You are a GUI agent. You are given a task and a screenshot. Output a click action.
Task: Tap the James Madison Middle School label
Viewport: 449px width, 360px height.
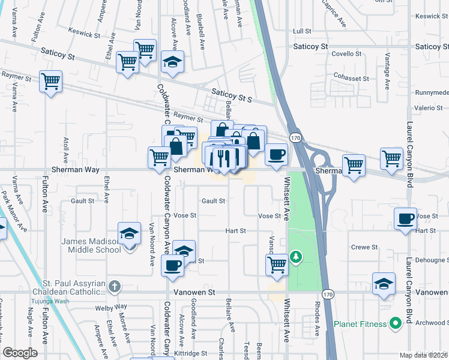(91, 245)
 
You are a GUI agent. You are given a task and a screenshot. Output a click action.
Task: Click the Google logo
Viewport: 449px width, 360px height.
(20, 353)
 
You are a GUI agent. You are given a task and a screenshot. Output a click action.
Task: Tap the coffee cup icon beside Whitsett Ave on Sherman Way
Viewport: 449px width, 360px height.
(276, 154)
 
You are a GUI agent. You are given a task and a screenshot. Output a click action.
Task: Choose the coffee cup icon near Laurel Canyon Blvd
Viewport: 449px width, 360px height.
(405, 218)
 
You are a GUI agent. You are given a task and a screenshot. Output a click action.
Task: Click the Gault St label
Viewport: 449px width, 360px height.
(213, 202)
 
